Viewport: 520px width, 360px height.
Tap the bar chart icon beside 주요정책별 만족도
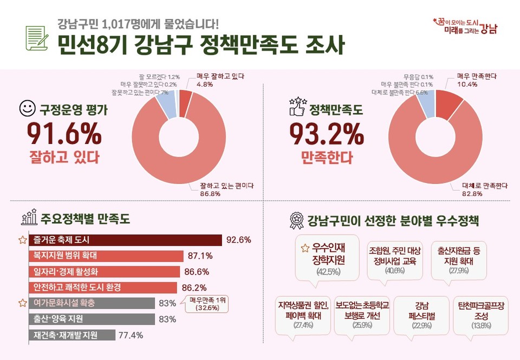click(x=28, y=218)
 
